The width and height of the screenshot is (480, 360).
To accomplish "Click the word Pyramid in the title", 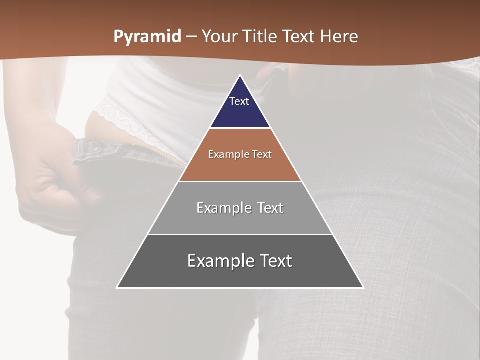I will pos(147,37).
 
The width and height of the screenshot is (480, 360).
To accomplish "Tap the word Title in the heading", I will pos(260,36).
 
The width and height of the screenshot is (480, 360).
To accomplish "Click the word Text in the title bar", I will pos(299,36).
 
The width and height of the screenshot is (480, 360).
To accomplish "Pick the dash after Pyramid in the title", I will pos(191,37).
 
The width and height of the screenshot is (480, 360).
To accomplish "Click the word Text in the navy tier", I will pos(239,101).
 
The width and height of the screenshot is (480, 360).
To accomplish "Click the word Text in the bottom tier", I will pos(275,261).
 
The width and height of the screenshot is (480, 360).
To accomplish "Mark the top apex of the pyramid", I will pos(240,76).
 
